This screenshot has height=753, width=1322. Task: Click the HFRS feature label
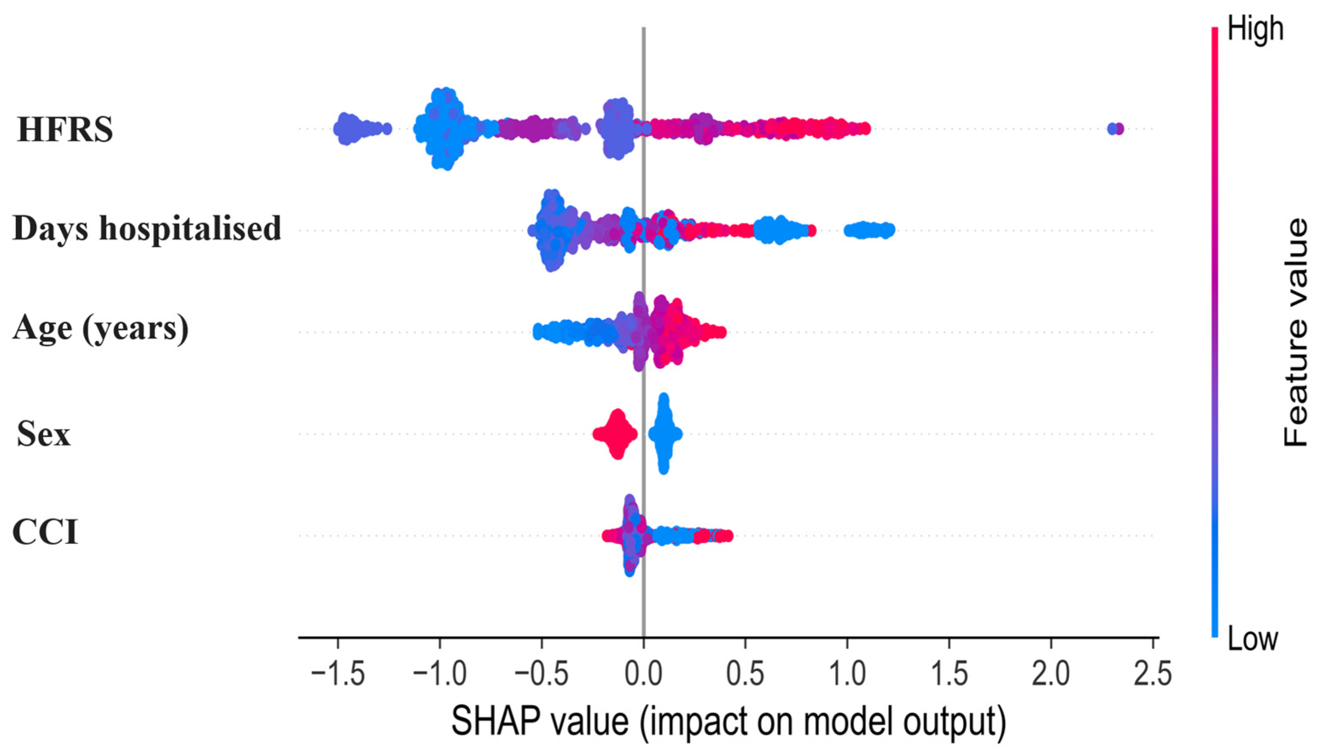point(65,129)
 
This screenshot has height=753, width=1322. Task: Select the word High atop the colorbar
point(1255,29)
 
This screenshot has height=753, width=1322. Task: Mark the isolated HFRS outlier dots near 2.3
point(1115,129)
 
